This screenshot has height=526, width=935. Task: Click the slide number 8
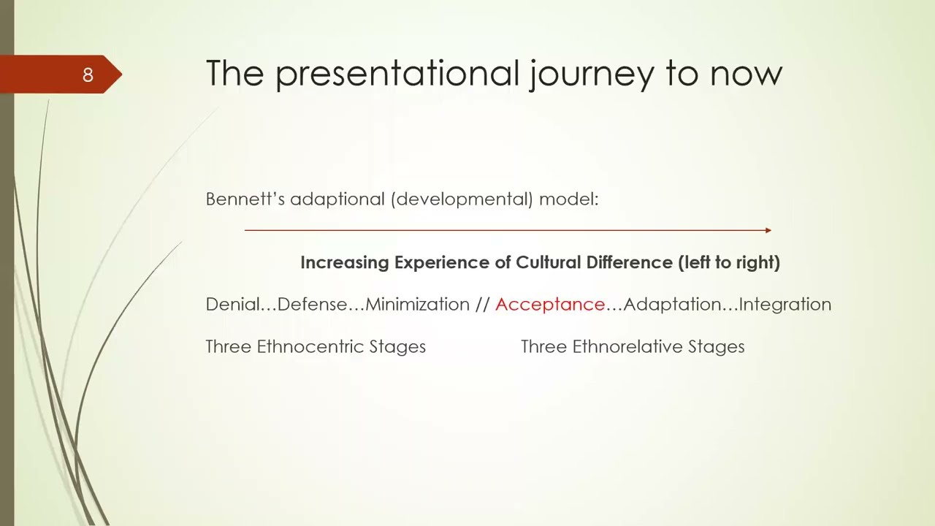click(88, 75)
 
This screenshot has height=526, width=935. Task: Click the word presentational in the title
click(397, 73)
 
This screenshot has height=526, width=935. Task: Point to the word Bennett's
click(245, 199)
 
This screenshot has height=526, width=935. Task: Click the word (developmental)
click(462, 199)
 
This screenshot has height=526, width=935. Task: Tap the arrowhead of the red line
click(768, 230)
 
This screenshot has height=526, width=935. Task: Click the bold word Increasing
click(344, 262)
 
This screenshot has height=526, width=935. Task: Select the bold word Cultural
click(548, 262)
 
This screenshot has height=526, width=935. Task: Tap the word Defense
click(313, 305)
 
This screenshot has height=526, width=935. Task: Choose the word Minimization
click(417, 305)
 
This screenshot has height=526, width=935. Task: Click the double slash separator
click(482, 305)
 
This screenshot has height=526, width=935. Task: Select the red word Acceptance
click(550, 305)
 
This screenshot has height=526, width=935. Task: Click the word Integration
click(785, 305)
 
